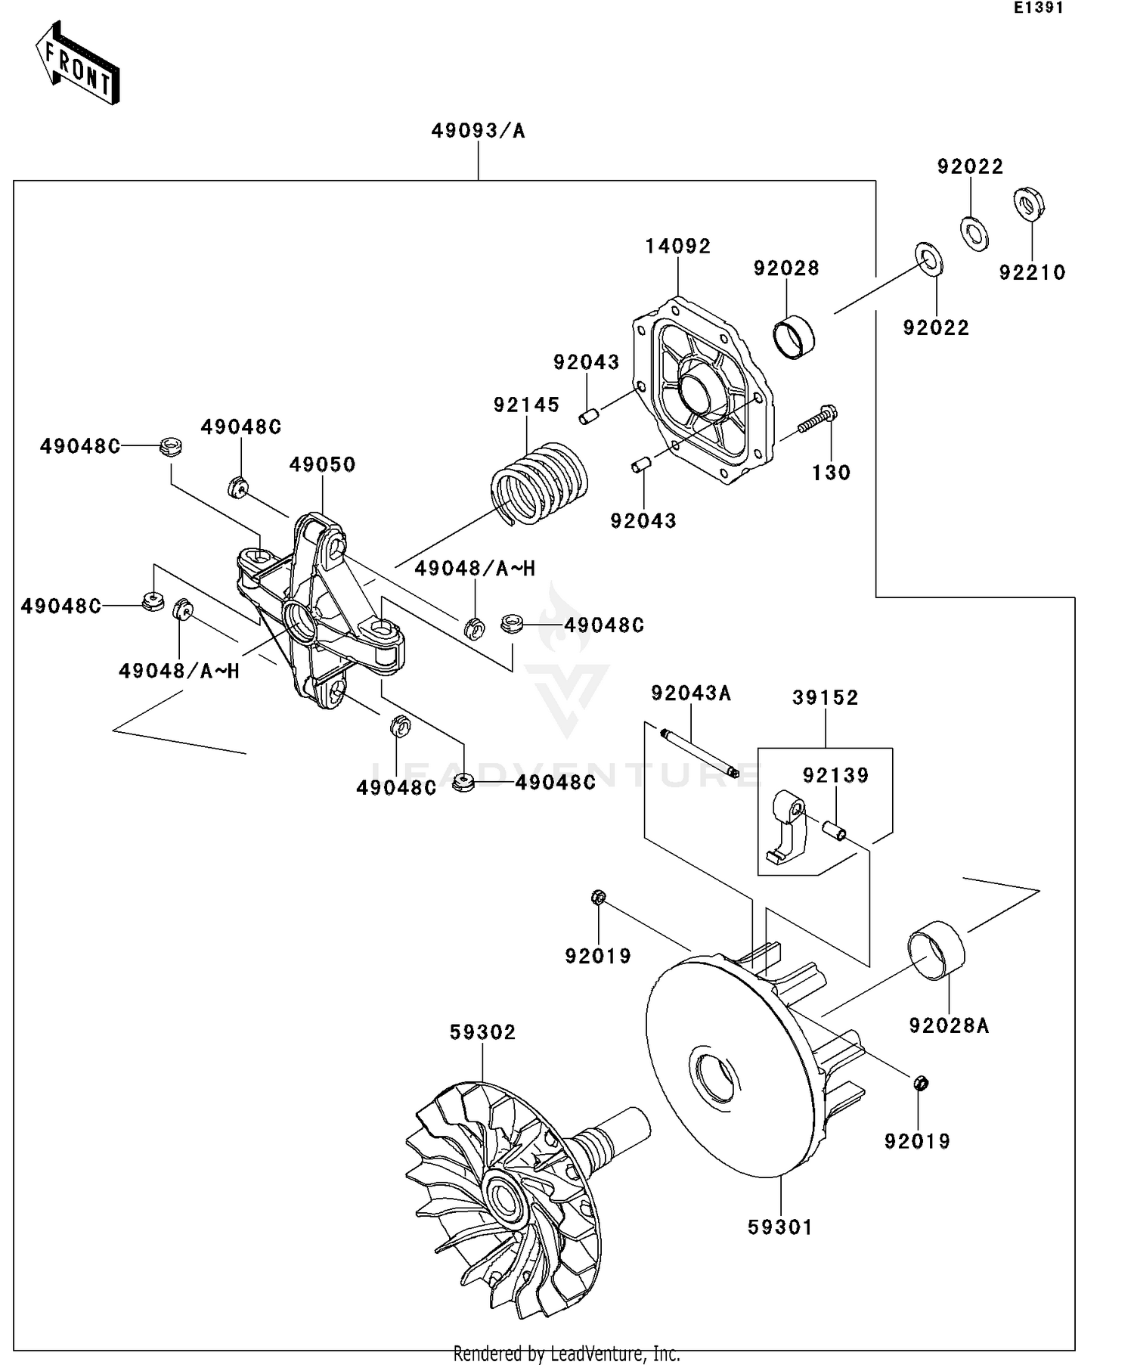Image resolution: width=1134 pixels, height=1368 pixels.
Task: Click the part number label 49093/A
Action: pyautogui.click(x=478, y=132)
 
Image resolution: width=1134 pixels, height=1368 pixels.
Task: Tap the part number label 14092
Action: pyautogui.click(x=677, y=247)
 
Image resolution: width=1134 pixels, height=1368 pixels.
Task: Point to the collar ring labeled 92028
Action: pyautogui.click(x=793, y=337)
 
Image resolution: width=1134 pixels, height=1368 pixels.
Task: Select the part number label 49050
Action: pyautogui.click(x=322, y=464)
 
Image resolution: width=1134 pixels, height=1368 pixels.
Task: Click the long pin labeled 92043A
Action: pyautogui.click(x=699, y=752)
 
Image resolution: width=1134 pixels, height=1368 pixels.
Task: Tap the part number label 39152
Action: pyautogui.click(x=825, y=697)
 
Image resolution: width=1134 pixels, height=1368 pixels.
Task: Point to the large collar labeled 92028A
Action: pyautogui.click(x=936, y=951)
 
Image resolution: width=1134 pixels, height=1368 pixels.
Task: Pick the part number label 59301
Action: pyautogui.click(x=780, y=1227)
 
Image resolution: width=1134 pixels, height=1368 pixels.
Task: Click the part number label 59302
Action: pyautogui.click(x=482, y=1032)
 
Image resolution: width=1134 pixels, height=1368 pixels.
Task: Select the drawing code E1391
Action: pyautogui.click(x=1039, y=8)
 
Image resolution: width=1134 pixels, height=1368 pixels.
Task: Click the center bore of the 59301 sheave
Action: pyautogui.click(x=715, y=1079)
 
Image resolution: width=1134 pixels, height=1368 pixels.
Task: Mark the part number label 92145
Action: pyautogui.click(x=526, y=405)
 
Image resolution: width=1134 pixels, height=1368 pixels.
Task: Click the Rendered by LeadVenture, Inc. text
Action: pyautogui.click(x=566, y=1353)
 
